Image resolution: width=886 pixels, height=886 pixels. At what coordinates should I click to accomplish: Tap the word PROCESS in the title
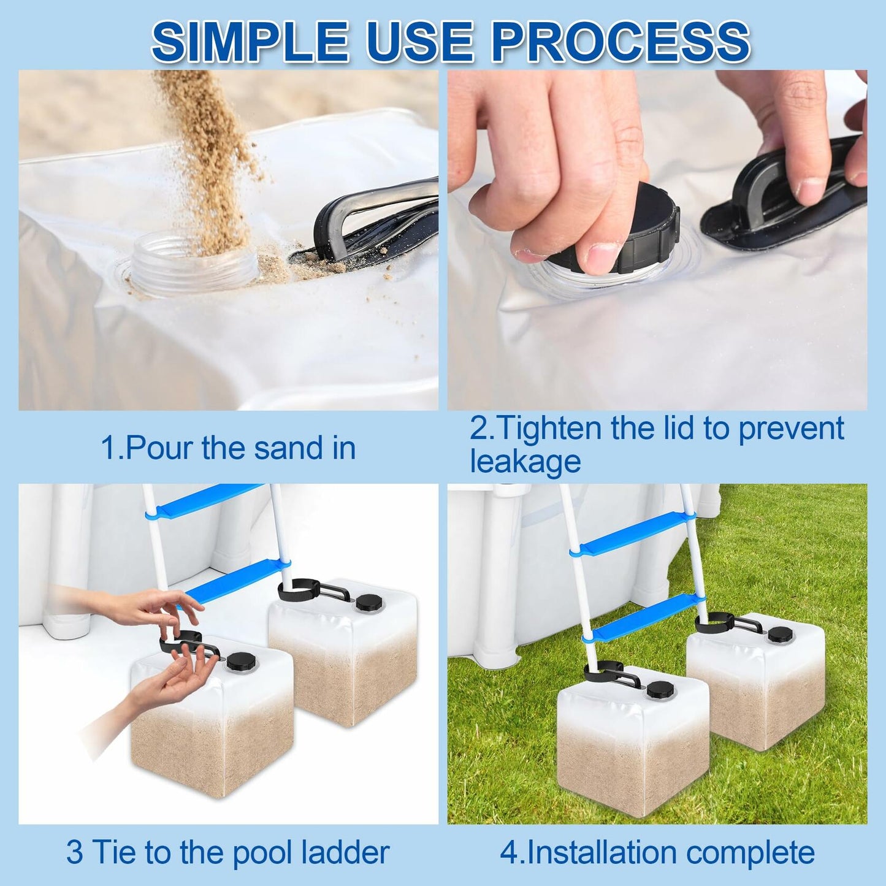point(621,42)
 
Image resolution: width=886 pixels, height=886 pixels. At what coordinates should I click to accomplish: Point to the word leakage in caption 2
point(525,461)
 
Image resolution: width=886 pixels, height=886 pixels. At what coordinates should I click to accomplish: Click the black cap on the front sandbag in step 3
point(237,661)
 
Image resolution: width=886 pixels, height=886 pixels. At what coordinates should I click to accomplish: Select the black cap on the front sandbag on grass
point(659,690)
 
